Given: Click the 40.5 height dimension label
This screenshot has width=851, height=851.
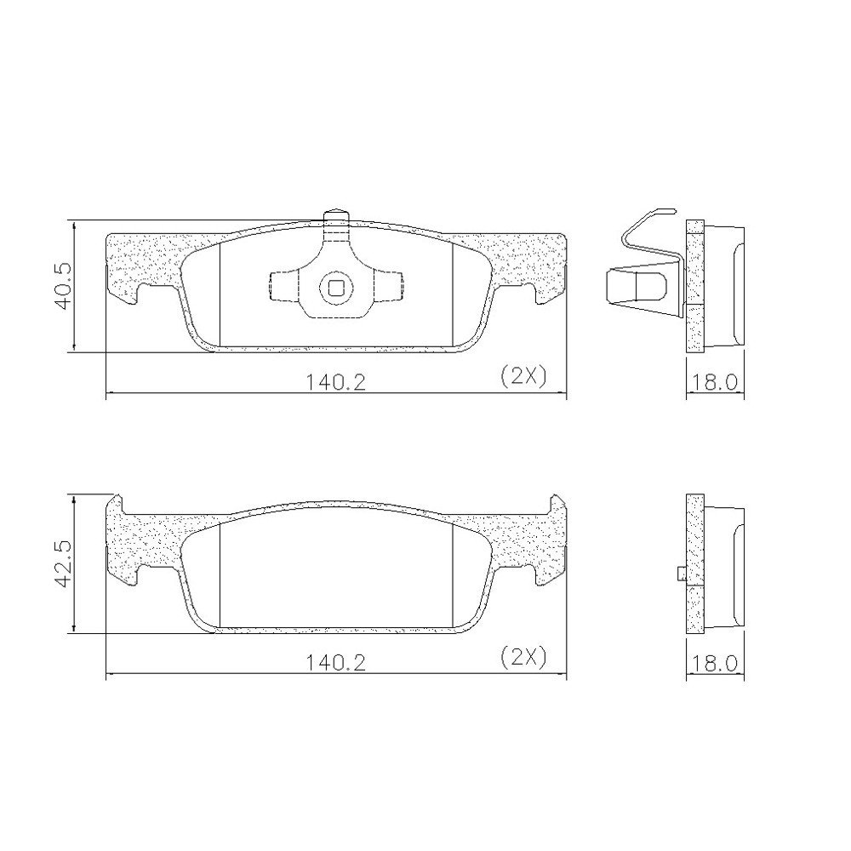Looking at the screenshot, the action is point(64,287).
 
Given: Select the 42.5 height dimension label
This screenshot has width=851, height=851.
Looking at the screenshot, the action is point(64,565).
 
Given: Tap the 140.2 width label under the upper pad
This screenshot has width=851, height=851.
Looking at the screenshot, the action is point(335,383).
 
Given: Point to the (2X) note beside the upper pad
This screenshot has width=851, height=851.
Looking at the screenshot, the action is point(523,377).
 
